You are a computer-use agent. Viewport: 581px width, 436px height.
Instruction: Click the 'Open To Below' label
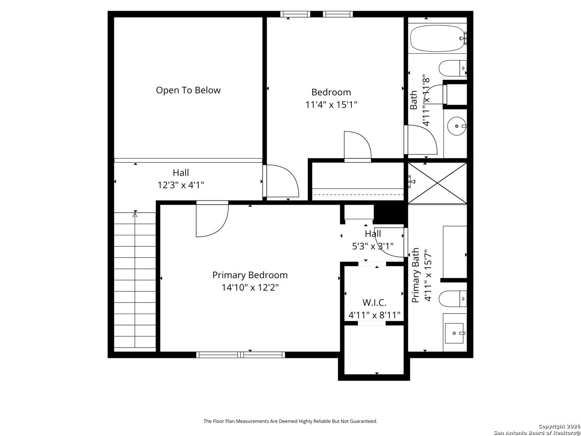[x=188, y=90]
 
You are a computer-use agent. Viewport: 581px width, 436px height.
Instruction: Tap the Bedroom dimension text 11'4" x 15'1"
[x=331, y=105]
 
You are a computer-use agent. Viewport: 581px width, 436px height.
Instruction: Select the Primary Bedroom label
[x=250, y=275]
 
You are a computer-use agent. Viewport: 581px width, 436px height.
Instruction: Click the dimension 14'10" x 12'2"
[x=250, y=288]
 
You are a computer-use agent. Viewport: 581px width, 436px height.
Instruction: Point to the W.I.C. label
[x=374, y=302]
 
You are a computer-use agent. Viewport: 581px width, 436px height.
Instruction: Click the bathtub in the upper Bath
[x=437, y=38]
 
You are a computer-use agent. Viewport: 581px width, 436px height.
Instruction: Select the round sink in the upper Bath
[x=457, y=126]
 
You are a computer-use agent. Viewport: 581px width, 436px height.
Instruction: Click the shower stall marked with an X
[x=437, y=183]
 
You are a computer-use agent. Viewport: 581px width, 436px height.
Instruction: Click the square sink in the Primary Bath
[x=455, y=333]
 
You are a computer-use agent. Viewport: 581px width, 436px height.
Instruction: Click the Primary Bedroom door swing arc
[x=212, y=220]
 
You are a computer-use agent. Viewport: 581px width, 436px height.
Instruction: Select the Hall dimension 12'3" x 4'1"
[x=181, y=185]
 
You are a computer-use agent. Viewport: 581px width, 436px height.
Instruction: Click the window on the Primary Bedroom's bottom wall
[x=240, y=355]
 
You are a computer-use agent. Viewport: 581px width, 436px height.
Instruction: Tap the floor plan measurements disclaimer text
[x=290, y=421]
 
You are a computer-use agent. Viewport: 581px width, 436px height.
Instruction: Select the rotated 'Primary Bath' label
[x=416, y=275]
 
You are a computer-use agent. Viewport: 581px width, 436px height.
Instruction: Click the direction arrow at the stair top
[x=135, y=215]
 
